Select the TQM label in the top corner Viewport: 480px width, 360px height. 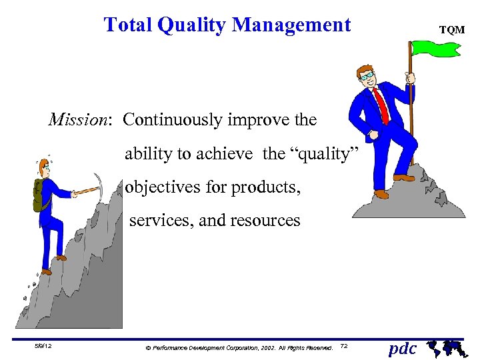coord(451,30)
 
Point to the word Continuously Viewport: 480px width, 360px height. coord(173,120)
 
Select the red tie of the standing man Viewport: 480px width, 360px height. coord(381,105)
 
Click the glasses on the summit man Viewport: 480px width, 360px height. coord(368,76)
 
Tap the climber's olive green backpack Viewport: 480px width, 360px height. coord(40,195)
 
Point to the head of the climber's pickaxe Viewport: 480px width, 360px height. coord(100,183)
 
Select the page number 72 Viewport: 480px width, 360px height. coord(343,347)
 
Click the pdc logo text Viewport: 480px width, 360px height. coord(403,349)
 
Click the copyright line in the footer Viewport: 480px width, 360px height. coord(239,347)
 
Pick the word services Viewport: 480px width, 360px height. coord(160,220)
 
